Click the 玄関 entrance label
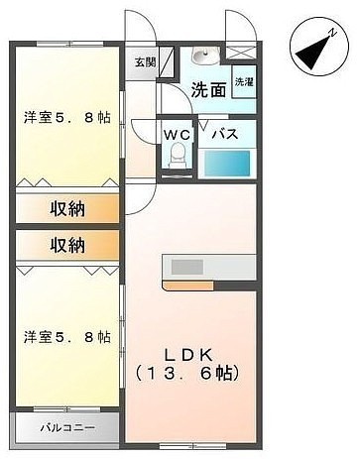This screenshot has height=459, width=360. (145, 62)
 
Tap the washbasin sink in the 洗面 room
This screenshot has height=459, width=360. (205, 56)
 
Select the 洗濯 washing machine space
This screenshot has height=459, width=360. (244, 82)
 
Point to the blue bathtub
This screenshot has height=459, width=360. (227, 164)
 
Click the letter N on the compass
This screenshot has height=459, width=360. (332, 33)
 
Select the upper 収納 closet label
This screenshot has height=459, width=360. (67, 209)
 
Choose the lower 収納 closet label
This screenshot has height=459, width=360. (67, 246)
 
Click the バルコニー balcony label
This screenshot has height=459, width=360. (68, 428)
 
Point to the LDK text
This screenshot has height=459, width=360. (188, 355)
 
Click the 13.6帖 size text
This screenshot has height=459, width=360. (187, 374)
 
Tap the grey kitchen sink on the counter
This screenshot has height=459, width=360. (187, 267)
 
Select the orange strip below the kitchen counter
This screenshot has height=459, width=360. (188, 286)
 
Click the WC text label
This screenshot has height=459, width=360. (178, 135)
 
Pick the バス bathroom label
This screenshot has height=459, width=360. (225, 135)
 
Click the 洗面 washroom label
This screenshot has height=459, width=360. (209, 89)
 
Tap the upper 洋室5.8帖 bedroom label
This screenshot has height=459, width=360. (67, 118)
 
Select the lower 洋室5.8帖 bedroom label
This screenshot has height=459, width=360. (67, 337)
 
